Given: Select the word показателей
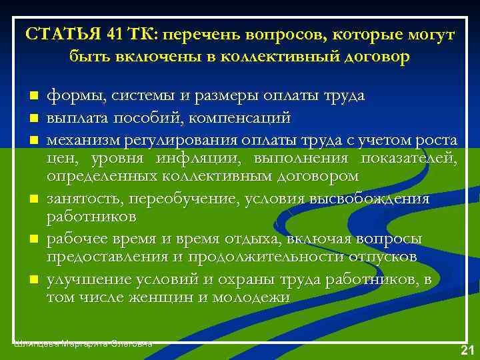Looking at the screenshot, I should click(408, 158).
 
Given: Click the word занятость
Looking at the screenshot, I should click(84, 199).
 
